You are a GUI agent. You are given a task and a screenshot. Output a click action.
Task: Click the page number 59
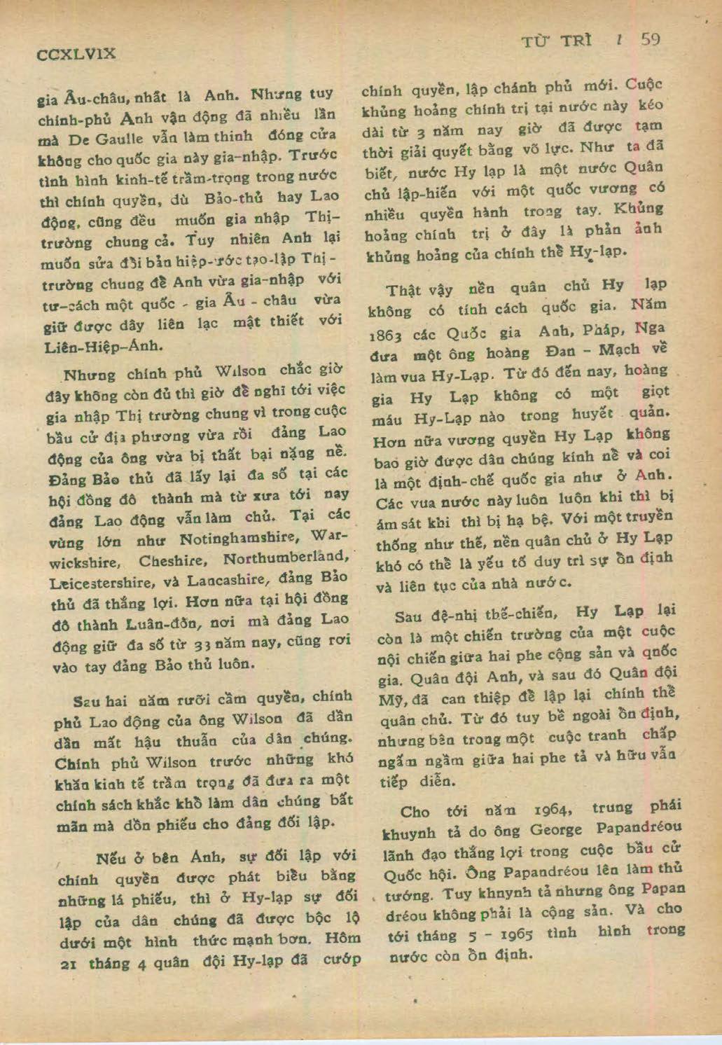pos(650,40)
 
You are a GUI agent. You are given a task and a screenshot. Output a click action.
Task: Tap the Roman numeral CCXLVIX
pos(76,53)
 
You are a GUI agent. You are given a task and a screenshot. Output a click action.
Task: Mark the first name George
pos(555,830)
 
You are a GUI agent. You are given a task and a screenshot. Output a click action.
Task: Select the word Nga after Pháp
pos(651,328)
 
